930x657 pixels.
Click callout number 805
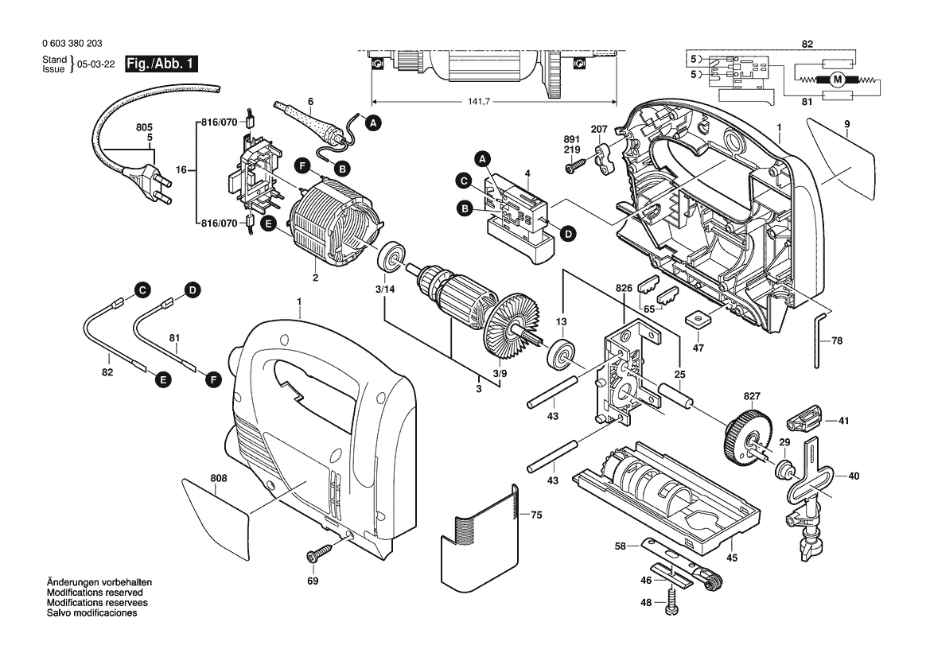click(143, 127)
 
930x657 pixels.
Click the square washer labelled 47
click(698, 318)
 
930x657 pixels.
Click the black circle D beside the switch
click(567, 234)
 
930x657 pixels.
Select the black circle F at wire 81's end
click(212, 381)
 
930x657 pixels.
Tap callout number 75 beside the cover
click(536, 515)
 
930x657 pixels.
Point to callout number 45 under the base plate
click(732, 558)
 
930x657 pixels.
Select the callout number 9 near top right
click(847, 124)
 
